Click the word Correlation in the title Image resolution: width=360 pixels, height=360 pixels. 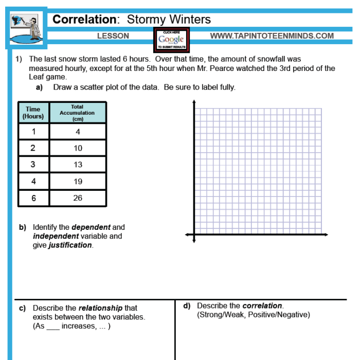click(x=85, y=20)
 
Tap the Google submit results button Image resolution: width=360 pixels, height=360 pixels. click(x=171, y=40)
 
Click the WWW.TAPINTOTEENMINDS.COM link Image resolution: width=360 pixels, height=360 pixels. click(x=272, y=36)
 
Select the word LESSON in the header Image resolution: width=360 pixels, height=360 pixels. click(x=113, y=36)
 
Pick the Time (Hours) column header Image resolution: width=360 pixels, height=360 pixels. click(x=33, y=113)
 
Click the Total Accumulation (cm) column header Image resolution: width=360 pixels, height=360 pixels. click(x=77, y=113)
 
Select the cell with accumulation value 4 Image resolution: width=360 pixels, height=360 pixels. click(x=78, y=132)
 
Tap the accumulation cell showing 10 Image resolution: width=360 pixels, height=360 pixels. click(x=78, y=148)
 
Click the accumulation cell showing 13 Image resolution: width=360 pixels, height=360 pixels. click(x=78, y=165)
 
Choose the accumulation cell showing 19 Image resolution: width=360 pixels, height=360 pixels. click(x=78, y=181)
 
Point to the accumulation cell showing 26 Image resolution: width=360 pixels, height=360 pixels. click(x=78, y=198)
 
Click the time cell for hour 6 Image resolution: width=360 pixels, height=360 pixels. click(x=33, y=198)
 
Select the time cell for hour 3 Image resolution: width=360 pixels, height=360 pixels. click(x=33, y=165)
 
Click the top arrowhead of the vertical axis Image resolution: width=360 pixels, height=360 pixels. click(x=194, y=102)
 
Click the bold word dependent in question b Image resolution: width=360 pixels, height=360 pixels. click(x=91, y=227)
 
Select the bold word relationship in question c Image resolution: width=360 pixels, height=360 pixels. click(x=100, y=308)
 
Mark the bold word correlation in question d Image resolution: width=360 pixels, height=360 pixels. click(x=262, y=305)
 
